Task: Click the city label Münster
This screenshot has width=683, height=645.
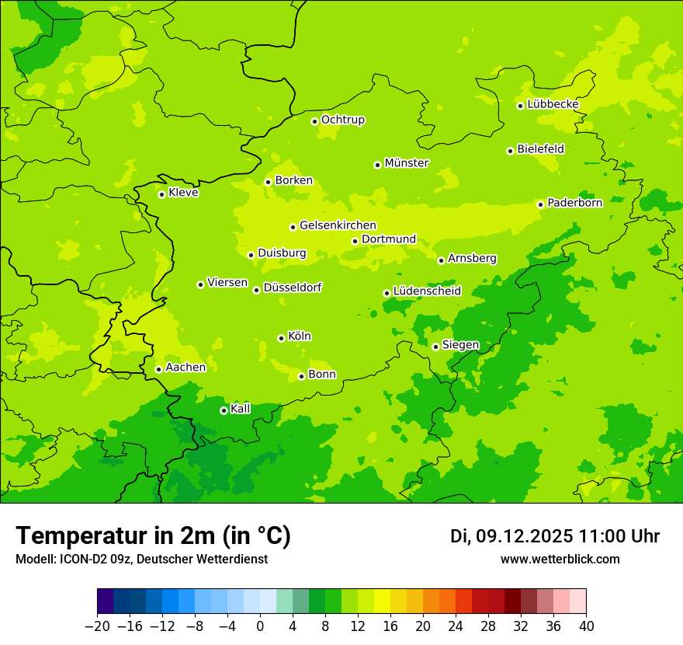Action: click(x=407, y=163)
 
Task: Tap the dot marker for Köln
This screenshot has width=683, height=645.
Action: click(x=281, y=338)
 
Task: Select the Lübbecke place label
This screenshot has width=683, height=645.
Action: click(x=553, y=104)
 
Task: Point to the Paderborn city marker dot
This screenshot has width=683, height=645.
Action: click(x=540, y=204)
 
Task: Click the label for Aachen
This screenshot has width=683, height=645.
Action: click(x=185, y=368)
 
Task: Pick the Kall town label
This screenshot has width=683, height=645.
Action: click(x=241, y=409)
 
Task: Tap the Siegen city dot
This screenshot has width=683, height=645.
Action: click(x=435, y=347)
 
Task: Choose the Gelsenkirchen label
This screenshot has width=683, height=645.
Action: click(x=338, y=225)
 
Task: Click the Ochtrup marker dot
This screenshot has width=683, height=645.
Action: click(x=314, y=120)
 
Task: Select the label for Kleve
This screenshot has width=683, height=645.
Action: click(x=183, y=193)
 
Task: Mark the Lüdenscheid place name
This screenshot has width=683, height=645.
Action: click(x=427, y=291)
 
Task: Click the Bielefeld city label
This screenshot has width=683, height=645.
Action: click(x=540, y=149)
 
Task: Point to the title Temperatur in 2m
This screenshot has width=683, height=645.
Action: click(x=153, y=535)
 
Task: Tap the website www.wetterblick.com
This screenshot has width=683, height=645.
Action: click(x=560, y=559)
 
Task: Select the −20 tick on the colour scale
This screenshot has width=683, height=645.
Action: click(x=97, y=626)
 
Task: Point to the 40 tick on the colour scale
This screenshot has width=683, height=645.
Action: click(x=586, y=626)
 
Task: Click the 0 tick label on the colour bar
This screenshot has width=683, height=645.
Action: click(x=260, y=626)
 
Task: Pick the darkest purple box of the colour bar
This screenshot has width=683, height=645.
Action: click(x=105, y=601)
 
